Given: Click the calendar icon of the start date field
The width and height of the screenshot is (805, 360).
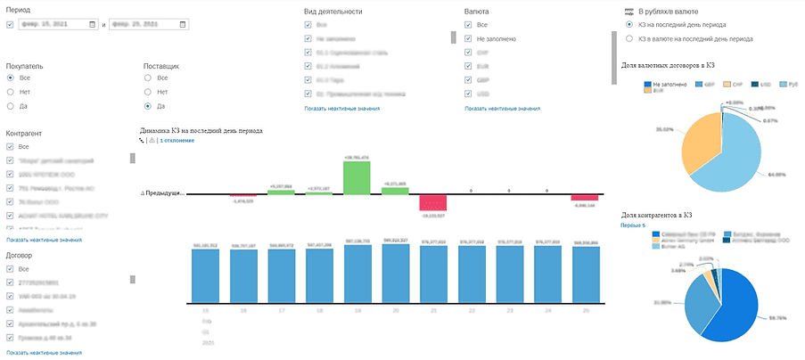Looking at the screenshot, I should coord(93,25).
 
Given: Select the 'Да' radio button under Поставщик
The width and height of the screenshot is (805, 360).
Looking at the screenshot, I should coord(148,106).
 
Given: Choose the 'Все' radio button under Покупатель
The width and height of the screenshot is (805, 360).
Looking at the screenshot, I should coord(11,78).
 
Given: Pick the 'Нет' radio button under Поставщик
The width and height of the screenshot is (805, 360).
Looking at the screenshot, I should coord(148,92).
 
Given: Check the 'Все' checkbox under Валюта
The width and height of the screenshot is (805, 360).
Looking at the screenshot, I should coord(469,26).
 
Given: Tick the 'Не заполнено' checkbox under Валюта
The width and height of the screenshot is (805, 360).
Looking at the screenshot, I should coord(469,39).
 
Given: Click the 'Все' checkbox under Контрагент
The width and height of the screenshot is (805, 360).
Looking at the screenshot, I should coord(11,147).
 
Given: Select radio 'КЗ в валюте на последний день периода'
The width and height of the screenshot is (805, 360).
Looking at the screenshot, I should coord(630,39).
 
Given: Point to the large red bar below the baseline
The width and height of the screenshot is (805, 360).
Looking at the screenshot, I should coord(432,202).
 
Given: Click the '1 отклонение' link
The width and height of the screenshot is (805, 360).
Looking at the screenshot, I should coord(177,141).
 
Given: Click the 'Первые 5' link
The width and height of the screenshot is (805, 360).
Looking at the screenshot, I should coord(633,225).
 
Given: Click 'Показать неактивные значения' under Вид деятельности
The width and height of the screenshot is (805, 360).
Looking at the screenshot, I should coord(341,108).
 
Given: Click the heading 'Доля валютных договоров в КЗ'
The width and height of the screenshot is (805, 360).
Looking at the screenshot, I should coord(668,66).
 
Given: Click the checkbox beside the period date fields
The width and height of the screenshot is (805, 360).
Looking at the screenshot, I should coord(10,25).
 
